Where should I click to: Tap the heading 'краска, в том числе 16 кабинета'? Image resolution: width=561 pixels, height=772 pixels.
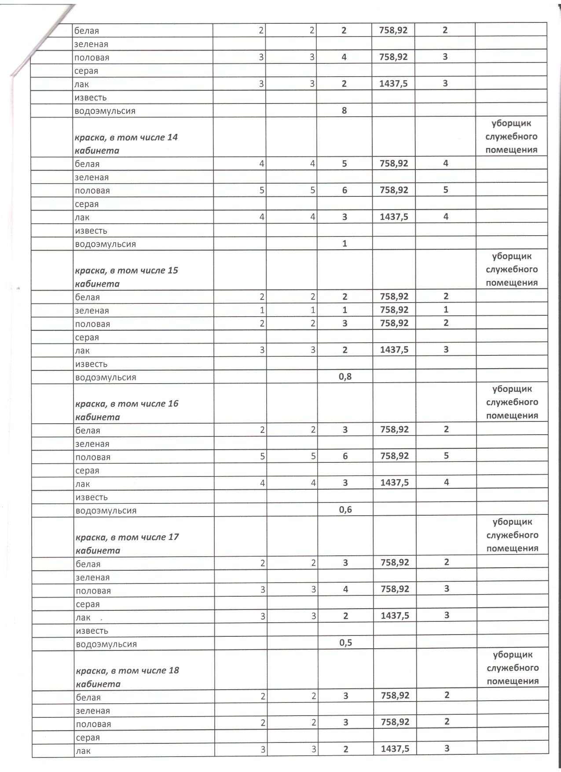click(x=127, y=410)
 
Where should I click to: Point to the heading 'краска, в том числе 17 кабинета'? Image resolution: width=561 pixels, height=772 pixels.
click(x=127, y=543)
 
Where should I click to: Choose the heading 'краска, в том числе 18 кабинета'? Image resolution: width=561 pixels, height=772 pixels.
click(x=128, y=677)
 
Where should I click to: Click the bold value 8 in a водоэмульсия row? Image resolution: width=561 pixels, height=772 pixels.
click(x=345, y=111)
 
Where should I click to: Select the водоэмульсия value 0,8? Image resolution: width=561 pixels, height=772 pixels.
click(x=345, y=377)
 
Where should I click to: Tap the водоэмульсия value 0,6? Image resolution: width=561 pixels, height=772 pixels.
click(x=346, y=510)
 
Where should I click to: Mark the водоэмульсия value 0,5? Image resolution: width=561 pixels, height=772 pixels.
click(x=346, y=643)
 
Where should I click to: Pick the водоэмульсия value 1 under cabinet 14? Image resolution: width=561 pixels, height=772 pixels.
click(x=345, y=244)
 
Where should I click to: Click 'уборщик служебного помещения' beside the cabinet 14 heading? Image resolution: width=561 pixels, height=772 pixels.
click(x=511, y=137)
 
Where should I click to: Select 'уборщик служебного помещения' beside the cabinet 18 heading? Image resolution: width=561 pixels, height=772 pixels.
click(x=513, y=668)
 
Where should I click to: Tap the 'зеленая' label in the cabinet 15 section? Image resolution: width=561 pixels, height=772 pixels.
click(x=92, y=310)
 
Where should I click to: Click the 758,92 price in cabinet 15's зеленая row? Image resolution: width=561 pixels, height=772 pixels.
click(x=394, y=310)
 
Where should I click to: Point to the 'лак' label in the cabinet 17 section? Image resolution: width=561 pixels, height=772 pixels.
click(x=83, y=617)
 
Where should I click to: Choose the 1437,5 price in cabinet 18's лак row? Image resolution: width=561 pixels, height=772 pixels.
click(x=395, y=749)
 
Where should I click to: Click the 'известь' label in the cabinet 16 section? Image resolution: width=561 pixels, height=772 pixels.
click(x=92, y=497)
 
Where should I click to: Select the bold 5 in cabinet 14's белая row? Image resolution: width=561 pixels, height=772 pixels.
click(x=345, y=163)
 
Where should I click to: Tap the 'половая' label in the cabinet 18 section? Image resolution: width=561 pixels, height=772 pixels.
click(x=93, y=724)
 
